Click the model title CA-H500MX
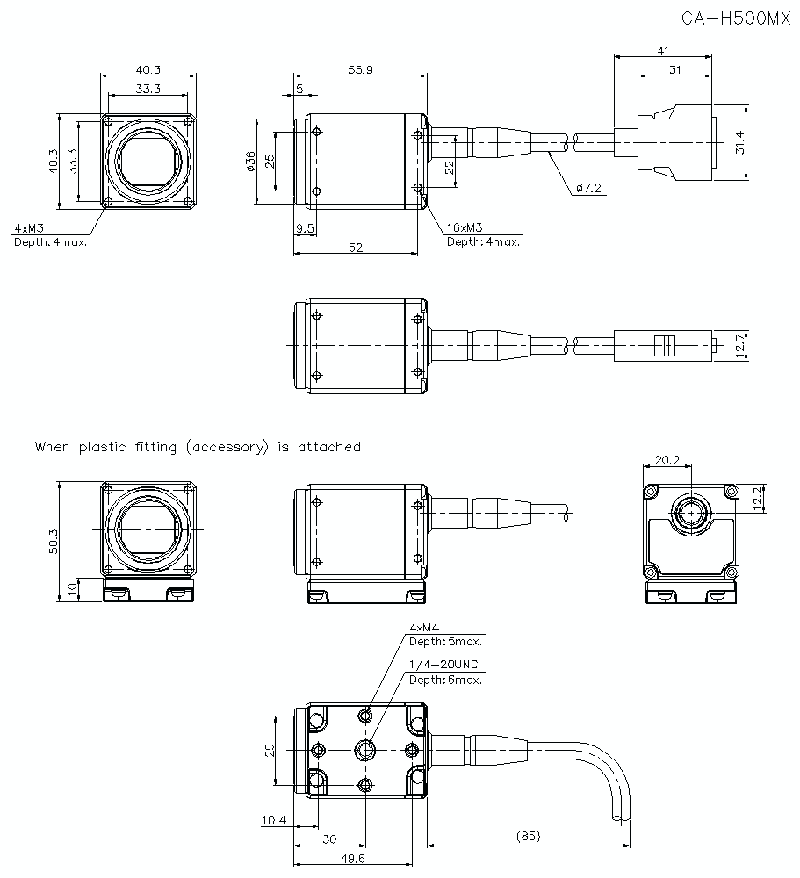coord(736,18)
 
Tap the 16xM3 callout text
coord(465,227)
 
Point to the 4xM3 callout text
coord(29,228)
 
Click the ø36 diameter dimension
coord(251,162)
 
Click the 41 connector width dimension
coord(663,51)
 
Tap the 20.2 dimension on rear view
coord(667,459)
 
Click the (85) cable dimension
coord(528,838)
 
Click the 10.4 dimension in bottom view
coord(273,820)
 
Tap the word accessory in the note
coord(225,446)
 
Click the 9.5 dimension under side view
coord(306,227)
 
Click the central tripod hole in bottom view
coord(365,749)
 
